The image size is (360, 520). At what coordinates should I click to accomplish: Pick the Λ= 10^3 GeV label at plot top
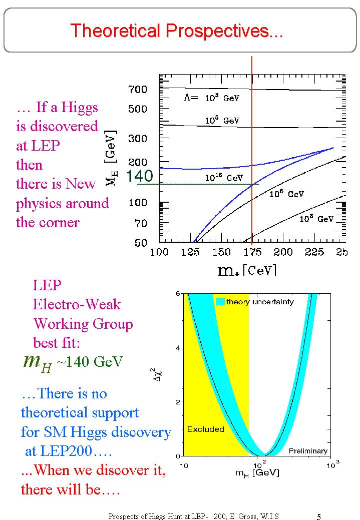coord(209,98)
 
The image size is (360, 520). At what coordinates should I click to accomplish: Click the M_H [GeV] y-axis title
coord(111,158)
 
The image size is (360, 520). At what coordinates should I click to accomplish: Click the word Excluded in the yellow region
coord(205,429)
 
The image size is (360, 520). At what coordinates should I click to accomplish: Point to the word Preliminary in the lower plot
coord(308,451)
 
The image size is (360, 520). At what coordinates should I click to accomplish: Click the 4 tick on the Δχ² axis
coord(179,348)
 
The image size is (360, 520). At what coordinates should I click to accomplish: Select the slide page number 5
coord(319,516)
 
